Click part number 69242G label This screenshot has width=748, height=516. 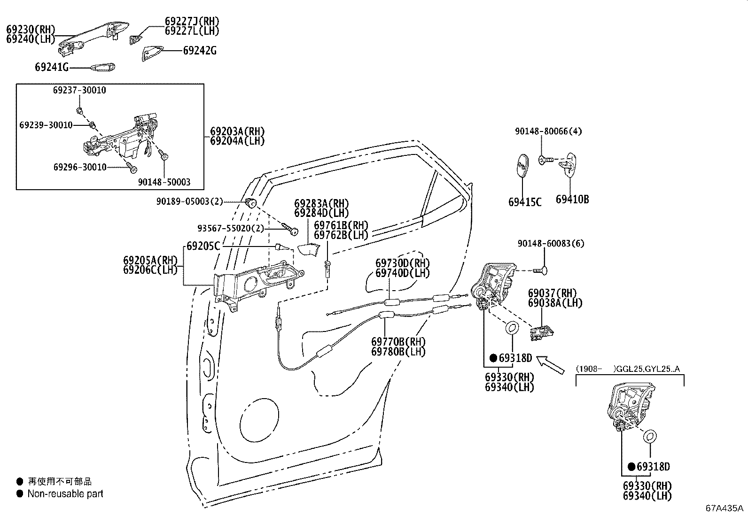coord(200,51)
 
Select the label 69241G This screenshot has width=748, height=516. coord(52,68)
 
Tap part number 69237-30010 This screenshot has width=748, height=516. coord(79,90)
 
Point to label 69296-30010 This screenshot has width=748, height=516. coord(80,168)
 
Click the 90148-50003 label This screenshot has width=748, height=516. coord(164,182)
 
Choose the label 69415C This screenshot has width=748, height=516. coord(525,202)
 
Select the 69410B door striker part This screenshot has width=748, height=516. coord(569,164)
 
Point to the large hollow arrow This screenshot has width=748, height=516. coord(550,364)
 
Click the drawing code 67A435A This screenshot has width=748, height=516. coord(724,508)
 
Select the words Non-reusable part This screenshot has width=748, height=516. coord(65,494)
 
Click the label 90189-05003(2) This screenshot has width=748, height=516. coord(189,202)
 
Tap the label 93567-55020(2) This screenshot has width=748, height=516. coord(230,228)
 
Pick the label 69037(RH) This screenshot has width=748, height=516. coord(552,293)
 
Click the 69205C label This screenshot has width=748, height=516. coord(203,246)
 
